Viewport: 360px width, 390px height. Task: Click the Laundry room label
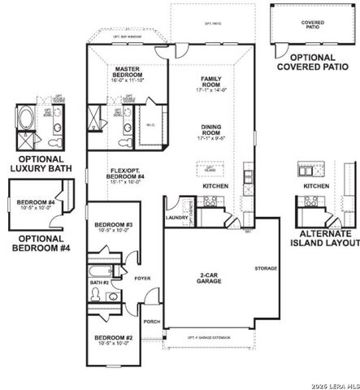(x=176, y=218)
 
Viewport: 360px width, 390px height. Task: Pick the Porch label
(x=151, y=321)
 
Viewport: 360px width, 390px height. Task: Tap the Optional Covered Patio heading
(x=313, y=63)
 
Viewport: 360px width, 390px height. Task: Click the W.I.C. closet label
(x=150, y=124)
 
